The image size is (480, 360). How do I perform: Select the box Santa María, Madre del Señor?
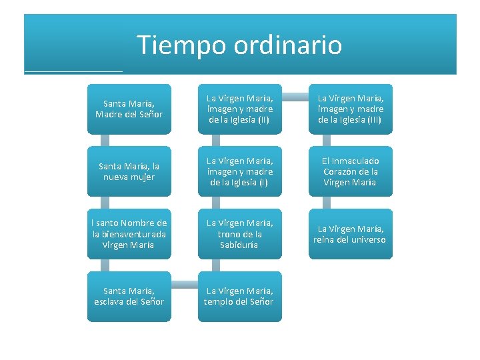129,109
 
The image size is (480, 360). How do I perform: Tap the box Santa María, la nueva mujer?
129,171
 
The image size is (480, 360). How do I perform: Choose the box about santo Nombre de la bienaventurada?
129,234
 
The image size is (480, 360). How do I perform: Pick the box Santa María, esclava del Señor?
129,296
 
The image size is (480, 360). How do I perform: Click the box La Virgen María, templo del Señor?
239,296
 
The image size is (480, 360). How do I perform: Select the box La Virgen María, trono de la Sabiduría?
239,234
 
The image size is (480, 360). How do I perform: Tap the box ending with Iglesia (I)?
239,171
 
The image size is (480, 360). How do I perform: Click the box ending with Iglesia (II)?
239,109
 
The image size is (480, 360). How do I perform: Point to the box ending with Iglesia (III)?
350,109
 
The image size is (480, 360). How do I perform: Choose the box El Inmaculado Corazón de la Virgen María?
350,171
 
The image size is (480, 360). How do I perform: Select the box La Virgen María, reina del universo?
350,234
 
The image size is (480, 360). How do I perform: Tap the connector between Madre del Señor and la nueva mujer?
105,140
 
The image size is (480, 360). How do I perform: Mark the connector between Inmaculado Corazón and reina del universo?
326,203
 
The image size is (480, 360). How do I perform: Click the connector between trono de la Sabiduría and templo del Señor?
215,265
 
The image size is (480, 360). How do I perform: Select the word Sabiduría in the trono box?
239,245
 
